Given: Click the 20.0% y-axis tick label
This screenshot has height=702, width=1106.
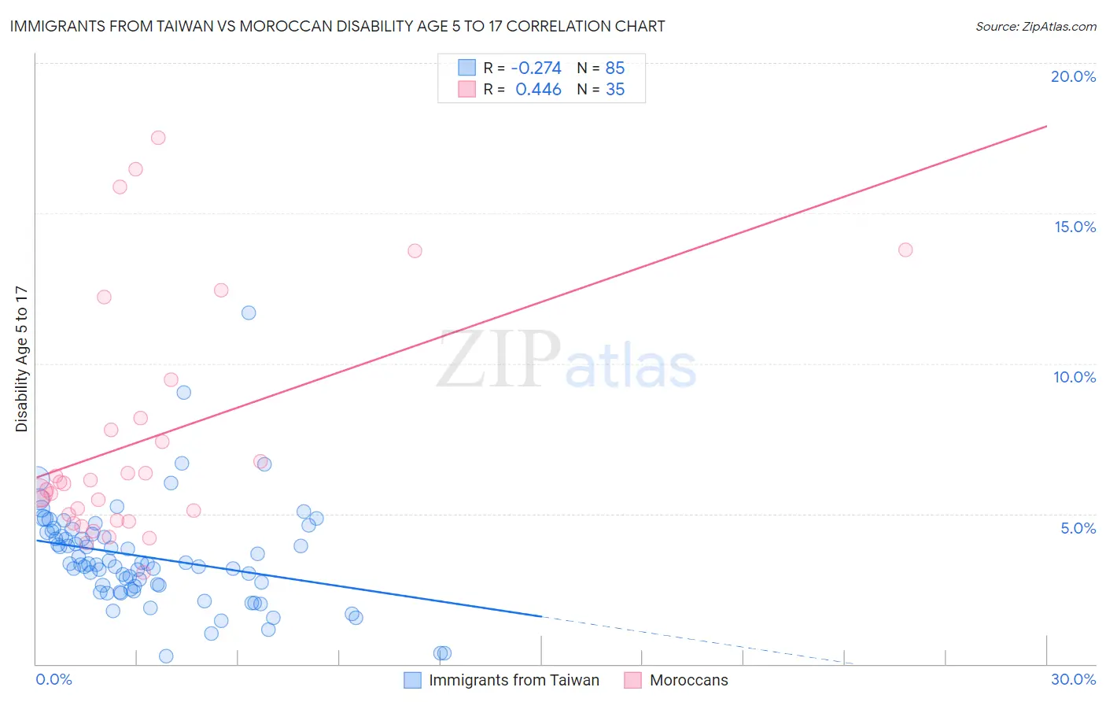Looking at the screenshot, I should pyautogui.click(x=1073, y=76).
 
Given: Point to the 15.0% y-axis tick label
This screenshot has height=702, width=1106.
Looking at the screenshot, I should pyautogui.click(x=1075, y=227).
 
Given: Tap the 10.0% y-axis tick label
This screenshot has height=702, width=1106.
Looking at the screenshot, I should pyautogui.click(x=1075, y=377).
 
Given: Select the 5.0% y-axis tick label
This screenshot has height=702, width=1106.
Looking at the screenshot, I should pyautogui.click(x=1078, y=528).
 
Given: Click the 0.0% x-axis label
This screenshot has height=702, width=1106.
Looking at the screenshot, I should pyautogui.click(x=53, y=679).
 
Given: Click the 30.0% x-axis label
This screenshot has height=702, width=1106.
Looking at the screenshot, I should pyautogui.click(x=1073, y=679).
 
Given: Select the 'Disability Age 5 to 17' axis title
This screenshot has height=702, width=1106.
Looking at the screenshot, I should pyautogui.click(x=22, y=359).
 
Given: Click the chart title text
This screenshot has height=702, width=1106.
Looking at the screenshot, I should pyautogui.click(x=337, y=26).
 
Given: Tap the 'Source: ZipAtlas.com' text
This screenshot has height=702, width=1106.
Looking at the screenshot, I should pyautogui.click(x=1035, y=26).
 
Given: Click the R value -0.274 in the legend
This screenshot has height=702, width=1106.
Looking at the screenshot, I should pyautogui.click(x=536, y=68).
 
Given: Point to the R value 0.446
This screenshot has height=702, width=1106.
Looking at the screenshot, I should pyautogui.click(x=538, y=90).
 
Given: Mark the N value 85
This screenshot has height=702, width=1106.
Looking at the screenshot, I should pyautogui.click(x=615, y=68).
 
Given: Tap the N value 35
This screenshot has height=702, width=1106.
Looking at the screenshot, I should pyautogui.click(x=615, y=90).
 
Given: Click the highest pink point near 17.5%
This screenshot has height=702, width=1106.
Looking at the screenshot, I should pyautogui.click(x=158, y=138).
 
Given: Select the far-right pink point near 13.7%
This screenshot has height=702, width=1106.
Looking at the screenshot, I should pyautogui.click(x=905, y=249).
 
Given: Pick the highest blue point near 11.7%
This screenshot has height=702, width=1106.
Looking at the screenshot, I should pyautogui.click(x=249, y=312).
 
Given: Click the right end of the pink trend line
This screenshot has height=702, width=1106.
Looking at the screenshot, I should pyautogui.click(x=1046, y=126).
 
